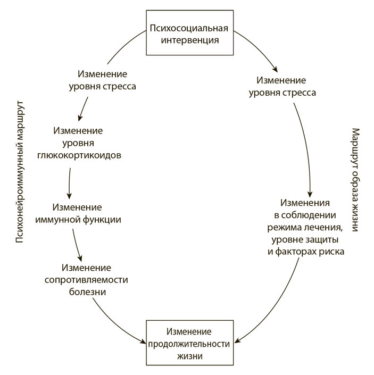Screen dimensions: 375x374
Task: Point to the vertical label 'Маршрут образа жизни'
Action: click(355, 179)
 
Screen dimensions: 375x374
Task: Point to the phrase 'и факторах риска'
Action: click(305, 252)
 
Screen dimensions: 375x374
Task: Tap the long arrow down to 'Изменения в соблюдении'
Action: click(304, 144)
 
